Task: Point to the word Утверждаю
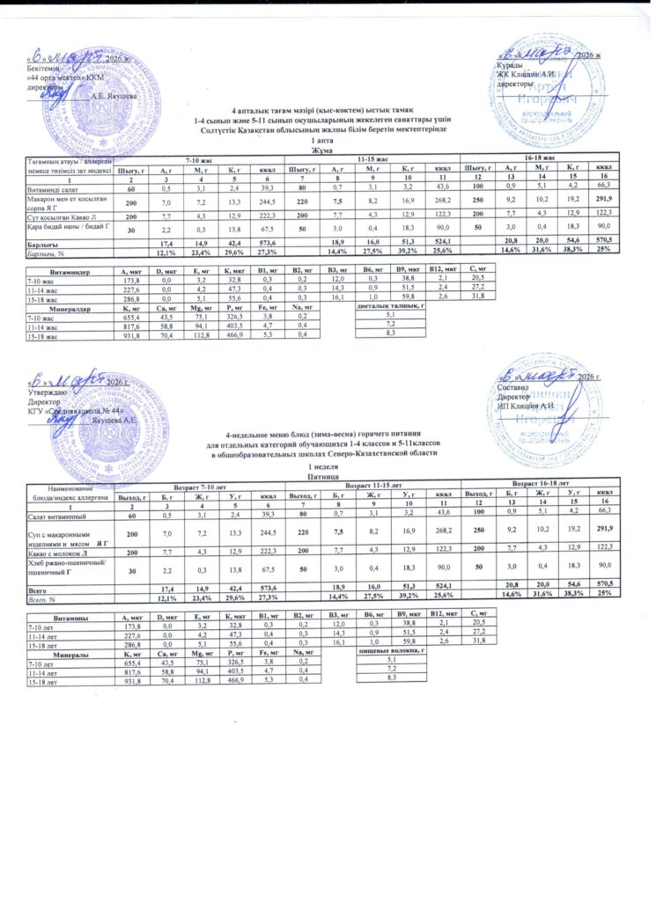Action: pos(47,393)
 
